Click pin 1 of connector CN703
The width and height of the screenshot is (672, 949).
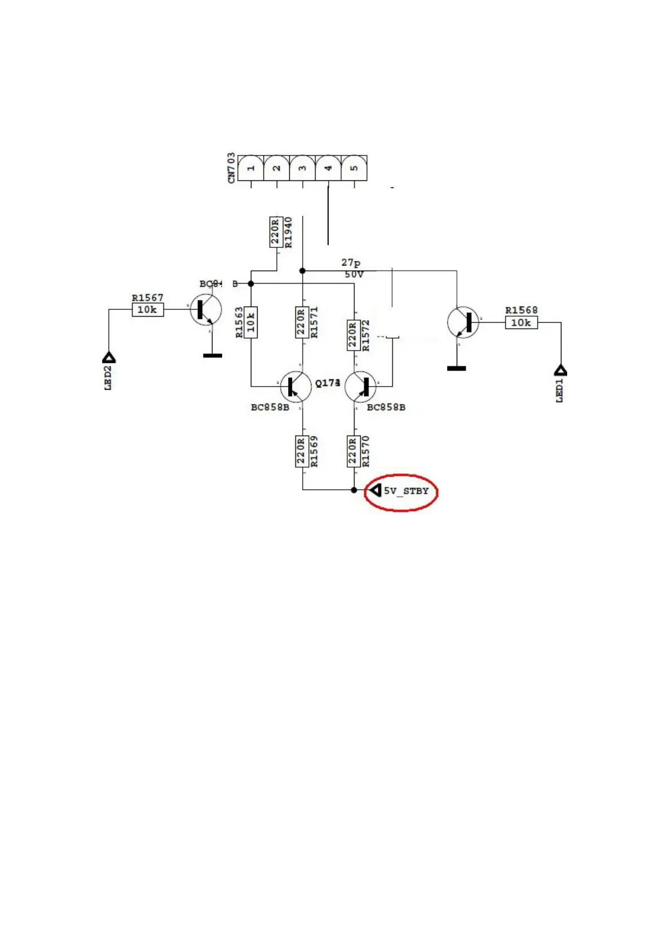251,168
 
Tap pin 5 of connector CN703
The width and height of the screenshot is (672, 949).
354,168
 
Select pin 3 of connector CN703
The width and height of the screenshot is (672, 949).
303,168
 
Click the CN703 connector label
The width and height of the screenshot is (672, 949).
231,168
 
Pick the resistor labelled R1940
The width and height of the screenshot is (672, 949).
276,232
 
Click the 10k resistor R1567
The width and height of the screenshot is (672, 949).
148,309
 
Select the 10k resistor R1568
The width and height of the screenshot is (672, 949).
521,323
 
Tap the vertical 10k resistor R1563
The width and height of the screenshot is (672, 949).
251,322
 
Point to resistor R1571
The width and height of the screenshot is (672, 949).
302,322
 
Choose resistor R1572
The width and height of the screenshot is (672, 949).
353,335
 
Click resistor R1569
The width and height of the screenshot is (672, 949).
302,451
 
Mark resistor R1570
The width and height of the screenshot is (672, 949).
353,451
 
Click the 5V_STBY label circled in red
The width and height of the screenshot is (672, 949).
406,491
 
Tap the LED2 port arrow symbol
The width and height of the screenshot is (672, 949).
109,357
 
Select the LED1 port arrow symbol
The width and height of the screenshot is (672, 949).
560,370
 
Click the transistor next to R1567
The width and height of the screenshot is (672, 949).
205,310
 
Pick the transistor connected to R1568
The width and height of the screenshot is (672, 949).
463,322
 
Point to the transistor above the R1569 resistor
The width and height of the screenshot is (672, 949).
295,387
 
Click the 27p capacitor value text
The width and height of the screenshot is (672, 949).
351,263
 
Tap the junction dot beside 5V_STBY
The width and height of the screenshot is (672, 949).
354,490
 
